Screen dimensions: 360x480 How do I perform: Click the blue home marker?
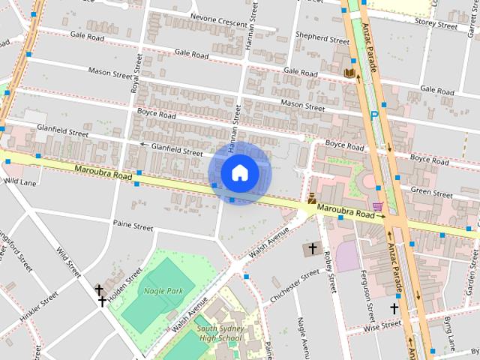[x=238, y=173]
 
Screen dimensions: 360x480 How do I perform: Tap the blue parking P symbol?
[x=373, y=116]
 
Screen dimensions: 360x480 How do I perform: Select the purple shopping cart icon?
[x=378, y=205]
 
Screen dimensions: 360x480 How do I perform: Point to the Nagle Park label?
[x=164, y=289]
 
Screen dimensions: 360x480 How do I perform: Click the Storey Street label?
[x=436, y=25]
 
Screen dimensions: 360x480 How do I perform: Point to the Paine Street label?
[x=133, y=224]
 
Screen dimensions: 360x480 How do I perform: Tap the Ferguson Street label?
[x=367, y=294]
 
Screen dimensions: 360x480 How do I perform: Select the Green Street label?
[x=431, y=193]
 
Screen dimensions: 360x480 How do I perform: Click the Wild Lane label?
[x=20, y=181]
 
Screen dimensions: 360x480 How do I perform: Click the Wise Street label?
[x=382, y=326]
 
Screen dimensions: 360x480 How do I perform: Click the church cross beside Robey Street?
[x=311, y=248]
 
